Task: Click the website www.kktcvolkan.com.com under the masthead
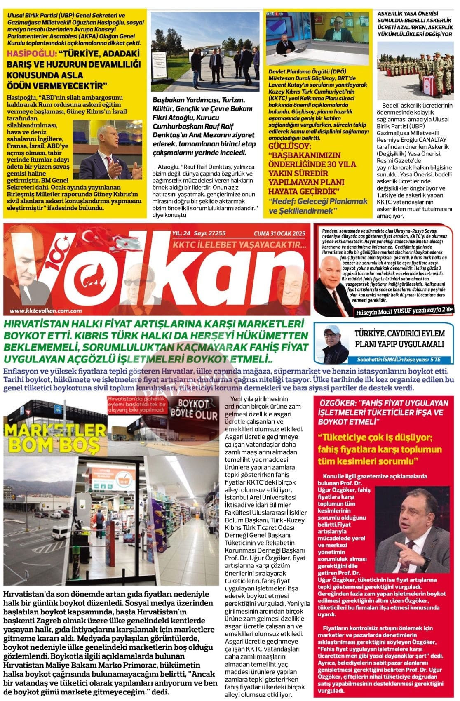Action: [45, 311]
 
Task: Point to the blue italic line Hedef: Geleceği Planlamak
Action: [318, 201]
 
